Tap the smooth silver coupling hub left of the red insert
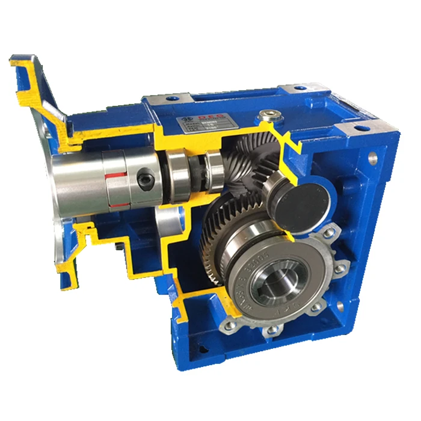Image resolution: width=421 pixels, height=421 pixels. (78, 174)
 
